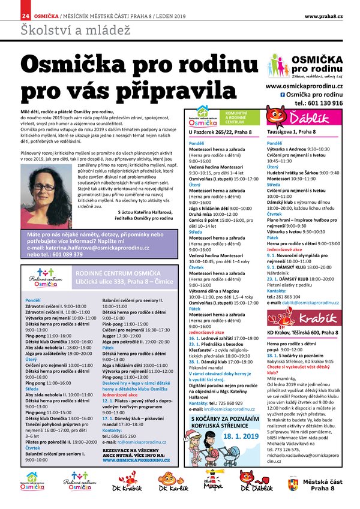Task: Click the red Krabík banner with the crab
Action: (x=304, y=318)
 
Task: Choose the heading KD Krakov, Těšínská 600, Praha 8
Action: (x=304, y=332)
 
